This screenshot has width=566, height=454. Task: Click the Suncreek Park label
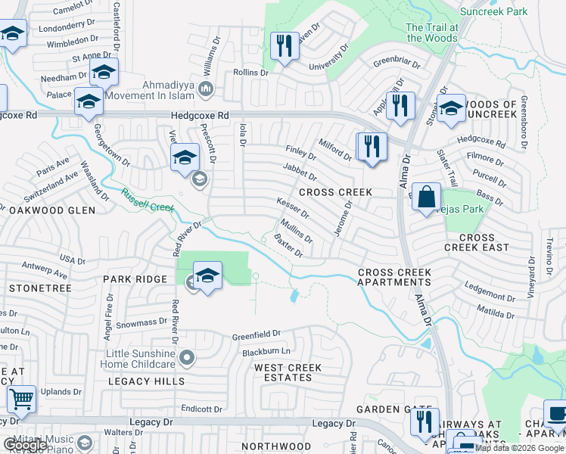[x=496, y=12]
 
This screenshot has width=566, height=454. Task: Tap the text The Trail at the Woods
[x=432, y=33]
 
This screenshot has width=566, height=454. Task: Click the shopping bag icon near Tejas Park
[x=427, y=197]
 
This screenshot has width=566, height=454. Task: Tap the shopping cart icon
[x=21, y=397]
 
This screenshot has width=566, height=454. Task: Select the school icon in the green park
[x=207, y=276]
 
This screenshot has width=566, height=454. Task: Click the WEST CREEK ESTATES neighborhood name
[x=288, y=373]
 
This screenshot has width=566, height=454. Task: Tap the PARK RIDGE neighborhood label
[x=135, y=279]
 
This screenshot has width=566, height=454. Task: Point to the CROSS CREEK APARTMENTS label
[x=394, y=277]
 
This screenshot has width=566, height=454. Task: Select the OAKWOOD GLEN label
[x=51, y=210]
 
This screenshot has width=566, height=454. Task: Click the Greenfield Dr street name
[x=256, y=333]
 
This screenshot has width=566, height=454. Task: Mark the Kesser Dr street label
[x=293, y=206]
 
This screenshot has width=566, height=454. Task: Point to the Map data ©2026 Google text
[x=519, y=448]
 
